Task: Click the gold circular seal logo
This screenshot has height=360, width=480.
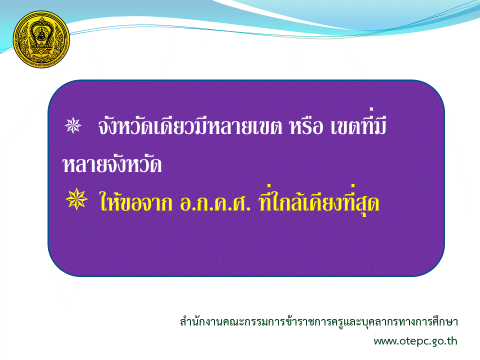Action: (x=41, y=39)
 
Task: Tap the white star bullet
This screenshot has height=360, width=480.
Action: (x=73, y=125)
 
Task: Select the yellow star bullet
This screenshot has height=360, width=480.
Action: (x=76, y=199)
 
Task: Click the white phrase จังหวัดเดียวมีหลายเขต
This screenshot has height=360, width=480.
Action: (x=190, y=125)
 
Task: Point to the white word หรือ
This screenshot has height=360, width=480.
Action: (x=306, y=126)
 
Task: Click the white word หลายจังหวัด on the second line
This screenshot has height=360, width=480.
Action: (x=112, y=164)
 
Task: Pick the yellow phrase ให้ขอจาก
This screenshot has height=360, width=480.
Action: (x=136, y=200)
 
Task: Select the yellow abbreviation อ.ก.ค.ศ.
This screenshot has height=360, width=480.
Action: (x=215, y=202)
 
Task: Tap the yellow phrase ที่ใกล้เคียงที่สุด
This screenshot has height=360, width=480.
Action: (x=319, y=200)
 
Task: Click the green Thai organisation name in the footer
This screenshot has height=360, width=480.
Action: (x=318, y=321)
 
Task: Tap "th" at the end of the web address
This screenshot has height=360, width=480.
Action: (x=452, y=340)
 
